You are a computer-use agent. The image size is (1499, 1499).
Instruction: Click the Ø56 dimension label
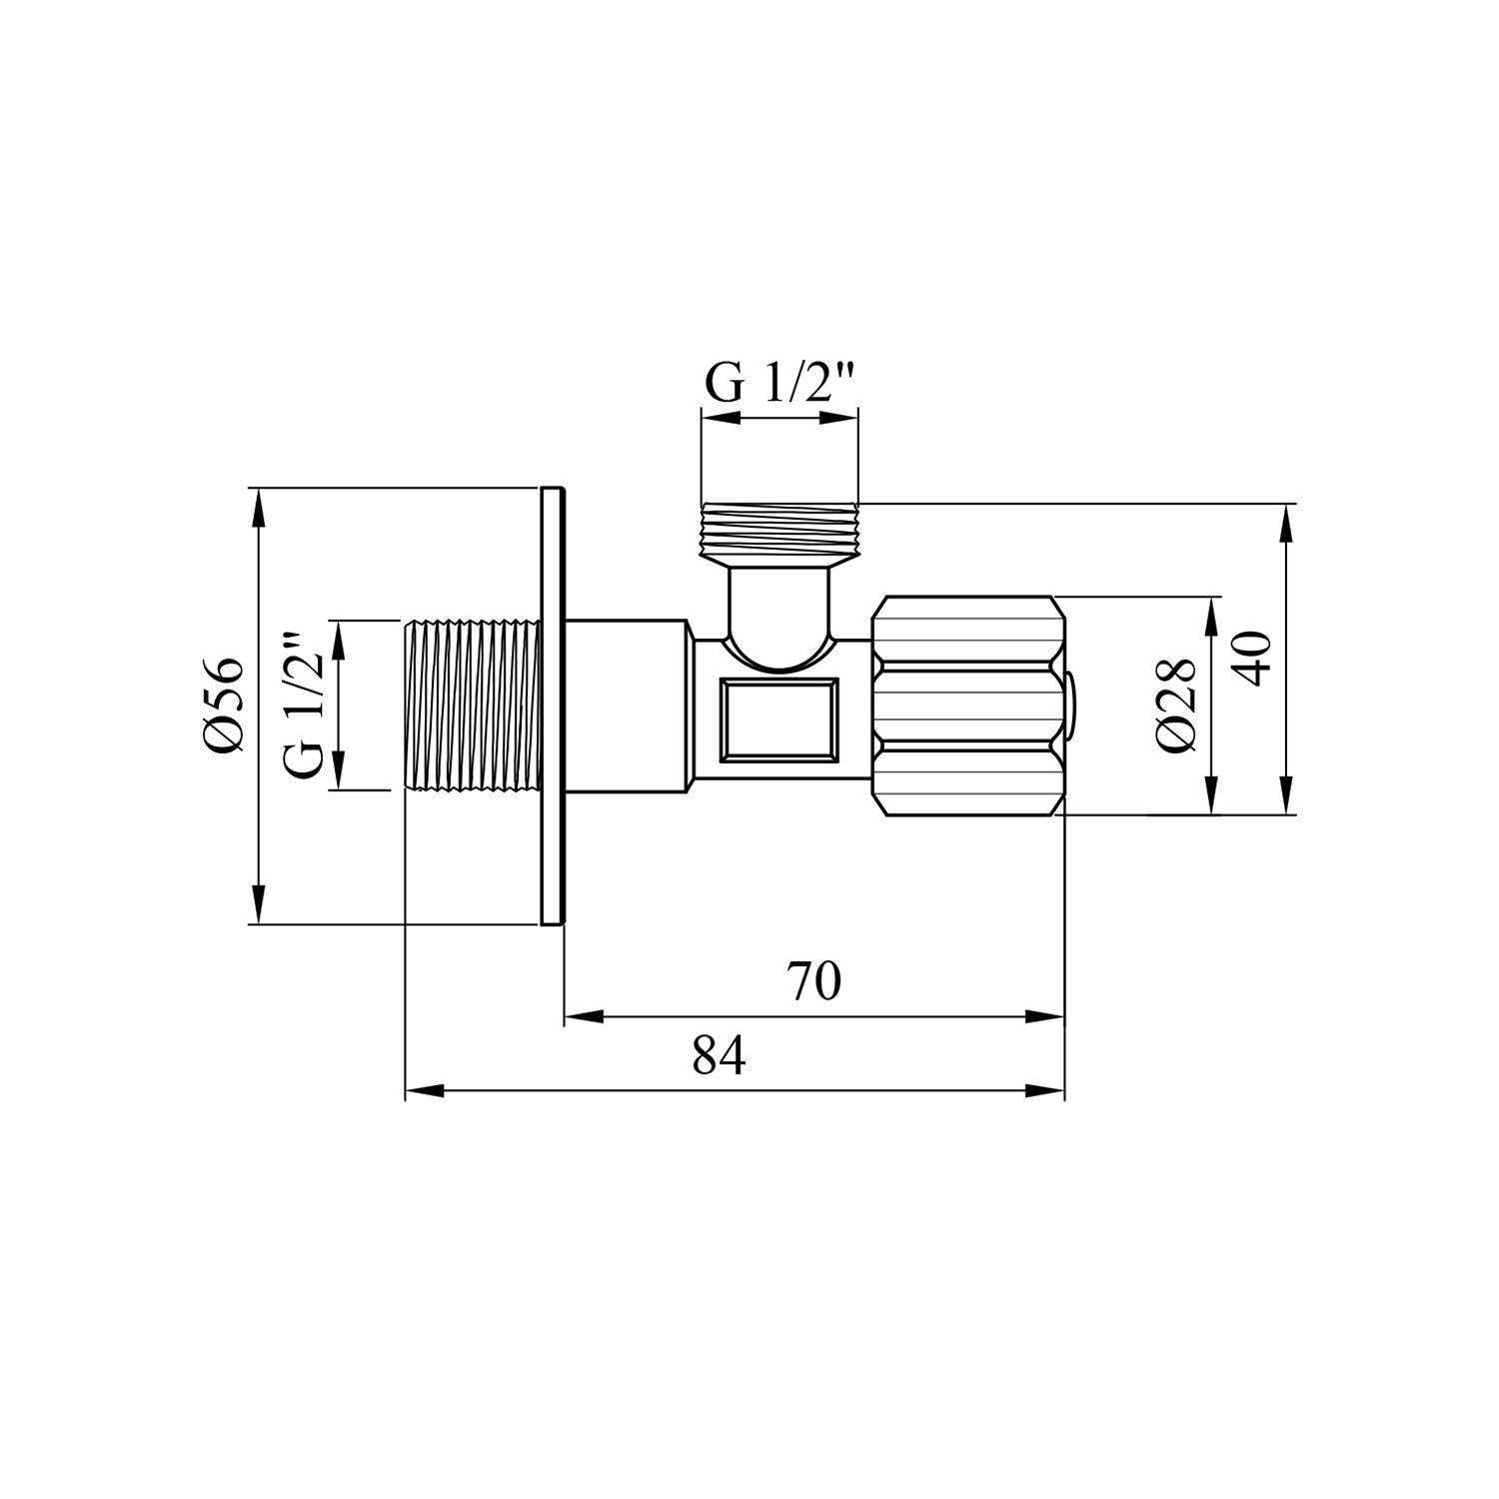[222, 706]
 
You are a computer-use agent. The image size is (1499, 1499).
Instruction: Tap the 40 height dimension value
[1254, 657]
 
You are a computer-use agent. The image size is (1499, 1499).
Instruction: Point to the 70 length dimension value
[813, 981]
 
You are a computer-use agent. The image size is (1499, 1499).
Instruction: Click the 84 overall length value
[720, 1055]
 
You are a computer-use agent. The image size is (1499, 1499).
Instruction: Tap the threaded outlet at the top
[779, 532]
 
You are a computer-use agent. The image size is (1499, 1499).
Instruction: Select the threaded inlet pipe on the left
[473, 706]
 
